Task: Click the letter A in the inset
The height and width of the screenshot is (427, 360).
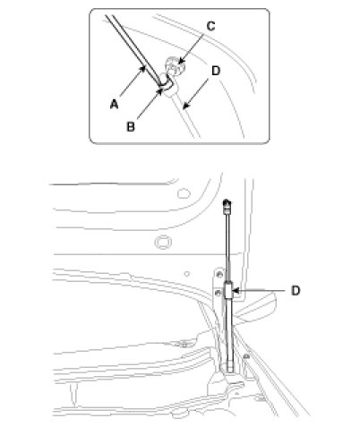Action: [x=114, y=105]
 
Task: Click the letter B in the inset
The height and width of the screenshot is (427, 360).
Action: [x=131, y=127]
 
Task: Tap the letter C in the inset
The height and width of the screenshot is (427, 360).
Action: [x=210, y=26]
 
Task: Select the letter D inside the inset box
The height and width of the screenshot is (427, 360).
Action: [x=216, y=71]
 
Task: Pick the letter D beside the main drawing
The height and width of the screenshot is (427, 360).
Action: [x=296, y=291]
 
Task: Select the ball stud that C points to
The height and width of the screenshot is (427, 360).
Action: [x=175, y=66]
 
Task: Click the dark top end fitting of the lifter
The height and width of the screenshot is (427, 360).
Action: [x=227, y=204]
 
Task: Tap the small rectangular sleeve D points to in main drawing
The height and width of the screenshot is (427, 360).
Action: [x=229, y=290]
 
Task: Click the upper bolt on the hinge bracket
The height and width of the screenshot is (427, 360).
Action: [x=220, y=274]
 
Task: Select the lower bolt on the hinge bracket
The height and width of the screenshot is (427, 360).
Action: [x=219, y=293]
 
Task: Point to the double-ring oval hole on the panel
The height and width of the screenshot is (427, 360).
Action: [x=163, y=242]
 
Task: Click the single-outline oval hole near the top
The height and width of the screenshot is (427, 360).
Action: [x=184, y=193]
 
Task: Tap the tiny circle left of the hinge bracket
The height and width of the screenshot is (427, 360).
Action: [x=187, y=274]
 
